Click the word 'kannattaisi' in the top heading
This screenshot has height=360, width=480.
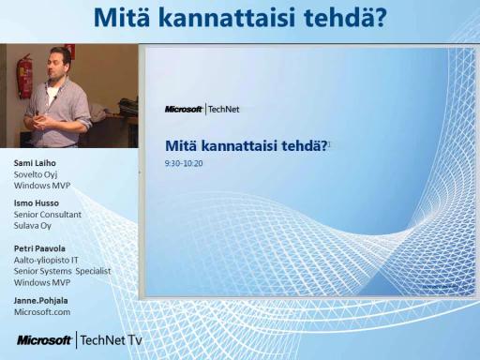click(x=228, y=18)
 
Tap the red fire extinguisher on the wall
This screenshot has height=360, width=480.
click(x=23, y=77)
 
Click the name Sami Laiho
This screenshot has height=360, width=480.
click(x=35, y=163)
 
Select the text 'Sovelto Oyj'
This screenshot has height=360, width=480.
click(x=36, y=174)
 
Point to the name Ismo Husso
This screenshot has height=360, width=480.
click(x=37, y=203)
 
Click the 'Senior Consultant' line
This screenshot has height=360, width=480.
click(x=48, y=215)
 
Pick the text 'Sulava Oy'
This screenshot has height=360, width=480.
click(x=33, y=226)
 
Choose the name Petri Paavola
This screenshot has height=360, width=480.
click(x=39, y=248)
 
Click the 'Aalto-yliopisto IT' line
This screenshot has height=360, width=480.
click(x=46, y=260)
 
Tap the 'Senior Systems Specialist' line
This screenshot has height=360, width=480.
click(x=62, y=271)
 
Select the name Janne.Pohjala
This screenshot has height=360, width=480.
click(x=41, y=301)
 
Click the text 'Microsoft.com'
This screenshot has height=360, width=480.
click(x=42, y=312)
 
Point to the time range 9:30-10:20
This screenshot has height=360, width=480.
click(x=184, y=163)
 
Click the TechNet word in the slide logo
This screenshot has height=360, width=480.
click(x=224, y=110)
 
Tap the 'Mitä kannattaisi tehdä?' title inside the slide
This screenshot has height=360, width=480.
click(x=247, y=145)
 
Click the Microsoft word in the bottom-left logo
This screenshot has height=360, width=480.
click(x=44, y=340)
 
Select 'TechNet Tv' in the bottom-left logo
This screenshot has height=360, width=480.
click(x=112, y=340)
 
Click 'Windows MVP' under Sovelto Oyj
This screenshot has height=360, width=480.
click(x=42, y=186)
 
